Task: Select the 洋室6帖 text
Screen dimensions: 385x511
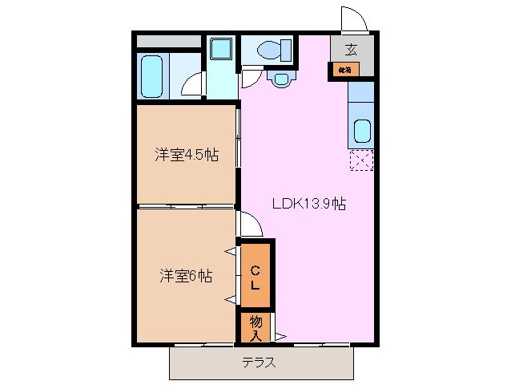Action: click(x=185, y=276)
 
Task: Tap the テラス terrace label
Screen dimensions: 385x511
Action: click(x=260, y=362)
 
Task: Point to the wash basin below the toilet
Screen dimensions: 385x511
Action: click(x=280, y=79)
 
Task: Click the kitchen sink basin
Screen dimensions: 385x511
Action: click(x=362, y=130)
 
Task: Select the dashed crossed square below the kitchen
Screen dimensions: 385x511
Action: click(x=361, y=160)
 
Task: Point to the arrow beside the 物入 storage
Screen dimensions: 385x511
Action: click(x=280, y=335)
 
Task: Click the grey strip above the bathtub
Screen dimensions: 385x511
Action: click(x=168, y=41)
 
